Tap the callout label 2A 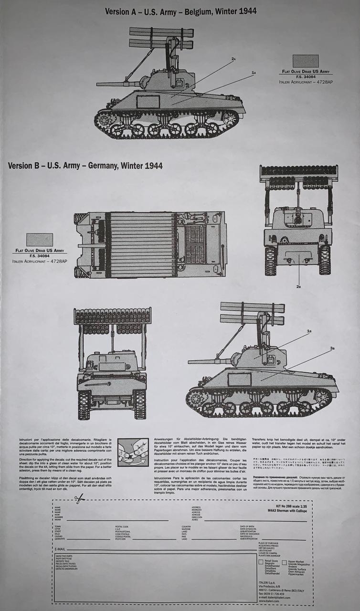233,59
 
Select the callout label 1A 254,73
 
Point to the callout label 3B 332,349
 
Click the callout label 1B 309,331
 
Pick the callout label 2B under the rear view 298,286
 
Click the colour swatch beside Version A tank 305,61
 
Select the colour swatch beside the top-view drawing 40,240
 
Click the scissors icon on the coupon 79,499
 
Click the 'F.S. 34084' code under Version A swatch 305,76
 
